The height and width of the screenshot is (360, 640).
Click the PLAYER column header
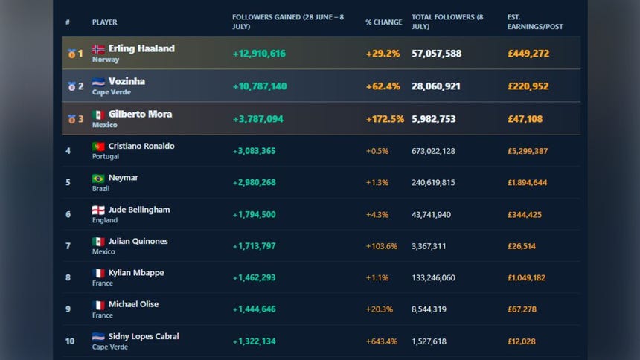(x=104, y=22)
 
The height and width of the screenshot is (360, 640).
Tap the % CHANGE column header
(x=384, y=22)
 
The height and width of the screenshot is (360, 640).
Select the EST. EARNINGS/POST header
(x=535, y=22)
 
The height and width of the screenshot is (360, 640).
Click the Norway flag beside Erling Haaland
(x=98, y=49)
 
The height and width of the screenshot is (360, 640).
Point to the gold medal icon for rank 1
(x=71, y=54)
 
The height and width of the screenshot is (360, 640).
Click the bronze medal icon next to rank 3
(x=71, y=119)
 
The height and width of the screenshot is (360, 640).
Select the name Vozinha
(x=127, y=81)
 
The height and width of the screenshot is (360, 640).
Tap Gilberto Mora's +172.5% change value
(x=385, y=119)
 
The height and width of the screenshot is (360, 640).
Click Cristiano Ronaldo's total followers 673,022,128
(x=433, y=151)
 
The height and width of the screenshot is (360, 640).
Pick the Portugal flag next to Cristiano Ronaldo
(x=98, y=146)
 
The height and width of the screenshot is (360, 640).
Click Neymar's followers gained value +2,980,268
(x=254, y=182)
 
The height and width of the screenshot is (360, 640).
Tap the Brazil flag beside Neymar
(x=98, y=179)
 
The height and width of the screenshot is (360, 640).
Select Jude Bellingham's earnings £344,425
(x=525, y=215)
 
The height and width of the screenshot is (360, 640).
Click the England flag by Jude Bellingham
(x=98, y=210)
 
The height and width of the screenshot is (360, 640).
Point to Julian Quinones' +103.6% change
(x=381, y=246)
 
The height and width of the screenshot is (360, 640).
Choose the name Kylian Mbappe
(x=136, y=273)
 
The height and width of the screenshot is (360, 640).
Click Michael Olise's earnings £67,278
(x=522, y=309)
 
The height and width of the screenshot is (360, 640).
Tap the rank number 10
(x=70, y=341)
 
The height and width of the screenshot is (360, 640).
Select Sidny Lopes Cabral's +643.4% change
(x=381, y=341)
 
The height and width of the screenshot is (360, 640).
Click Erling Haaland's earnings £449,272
(x=528, y=54)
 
